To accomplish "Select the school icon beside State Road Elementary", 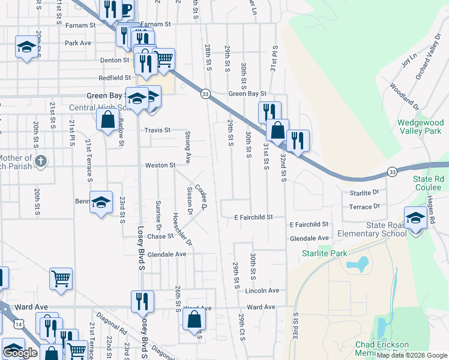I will (x=415, y=218).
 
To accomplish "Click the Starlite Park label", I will (x=324, y=254).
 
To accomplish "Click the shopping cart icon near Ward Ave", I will (x=61, y=279).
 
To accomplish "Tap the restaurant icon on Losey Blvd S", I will (x=142, y=302).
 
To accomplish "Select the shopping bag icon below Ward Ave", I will (x=195, y=319).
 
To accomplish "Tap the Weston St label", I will (x=160, y=165).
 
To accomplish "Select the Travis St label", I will (x=157, y=130).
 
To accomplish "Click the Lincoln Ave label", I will (x=262, y=290).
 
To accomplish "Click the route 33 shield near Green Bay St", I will (x=205, y=94).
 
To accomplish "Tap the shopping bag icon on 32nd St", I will (x=277, y=130).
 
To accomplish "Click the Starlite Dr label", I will (x=364, y=193).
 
